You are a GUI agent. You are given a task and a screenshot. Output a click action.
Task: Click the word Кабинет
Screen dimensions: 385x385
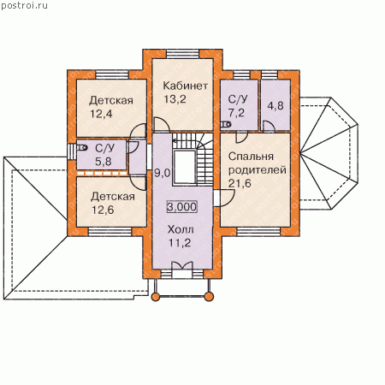(x=185, y=86)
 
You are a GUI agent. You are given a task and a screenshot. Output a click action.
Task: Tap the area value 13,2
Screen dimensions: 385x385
(x=175, y=99)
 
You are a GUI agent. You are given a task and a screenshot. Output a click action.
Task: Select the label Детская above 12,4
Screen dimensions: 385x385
(x=111, y=101)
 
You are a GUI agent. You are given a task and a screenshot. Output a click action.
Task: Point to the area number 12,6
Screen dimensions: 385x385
(x=103, y=210)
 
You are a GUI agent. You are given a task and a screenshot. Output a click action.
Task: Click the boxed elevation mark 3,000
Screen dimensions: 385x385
(x=182, y=207)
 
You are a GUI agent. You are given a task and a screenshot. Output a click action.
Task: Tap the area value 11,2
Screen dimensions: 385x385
(x=180, y=243)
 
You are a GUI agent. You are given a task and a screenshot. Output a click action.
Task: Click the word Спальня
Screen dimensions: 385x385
(x=251, y=157)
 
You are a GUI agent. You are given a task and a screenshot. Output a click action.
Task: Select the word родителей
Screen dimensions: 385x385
(x=258, y=170)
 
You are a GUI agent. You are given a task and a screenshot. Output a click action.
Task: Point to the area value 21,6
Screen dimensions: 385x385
(x=240, y=183)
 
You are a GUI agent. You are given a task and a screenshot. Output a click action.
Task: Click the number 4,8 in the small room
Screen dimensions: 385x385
(x=275, y=106)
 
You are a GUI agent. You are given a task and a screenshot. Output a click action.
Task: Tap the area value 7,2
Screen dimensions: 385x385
(x=236, y=113)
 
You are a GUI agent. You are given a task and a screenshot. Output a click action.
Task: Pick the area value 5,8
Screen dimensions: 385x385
(x=104, y=162)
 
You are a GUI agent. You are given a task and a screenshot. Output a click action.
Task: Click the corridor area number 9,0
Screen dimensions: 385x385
(x=162, y=173)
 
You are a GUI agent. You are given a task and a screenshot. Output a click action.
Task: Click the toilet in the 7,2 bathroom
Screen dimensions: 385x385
(x=226, y=124)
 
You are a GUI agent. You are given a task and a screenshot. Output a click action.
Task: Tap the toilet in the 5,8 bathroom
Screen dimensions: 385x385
(x=82, y=147)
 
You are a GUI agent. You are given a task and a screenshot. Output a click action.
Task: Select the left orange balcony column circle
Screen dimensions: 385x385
(x=156, y=297)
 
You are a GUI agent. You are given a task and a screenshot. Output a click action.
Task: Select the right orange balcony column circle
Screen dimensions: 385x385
(x=209, y=297)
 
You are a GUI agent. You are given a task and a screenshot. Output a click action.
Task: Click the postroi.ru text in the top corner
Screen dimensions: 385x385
(x=24, y=6)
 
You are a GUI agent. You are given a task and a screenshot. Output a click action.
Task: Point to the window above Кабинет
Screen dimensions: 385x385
(x=183, y=54)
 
